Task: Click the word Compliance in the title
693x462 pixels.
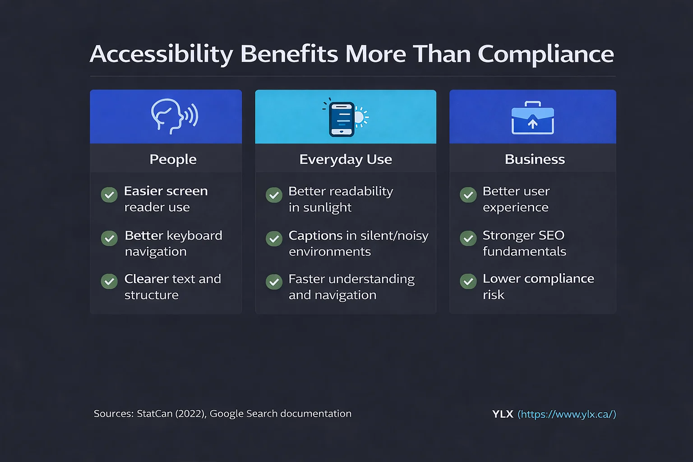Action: pos(545,54)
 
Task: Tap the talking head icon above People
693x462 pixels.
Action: pos(174,116)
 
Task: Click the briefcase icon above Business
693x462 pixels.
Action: pos(532,118)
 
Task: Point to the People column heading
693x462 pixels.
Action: pos(173,159)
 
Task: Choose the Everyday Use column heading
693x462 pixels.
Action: pos(346,159)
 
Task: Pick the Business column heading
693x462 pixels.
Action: pos(535,159)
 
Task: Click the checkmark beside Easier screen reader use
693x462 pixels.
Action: pos(109,195)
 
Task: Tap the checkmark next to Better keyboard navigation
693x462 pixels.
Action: pos(109,238)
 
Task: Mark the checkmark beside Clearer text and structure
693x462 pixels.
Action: pos(109,282)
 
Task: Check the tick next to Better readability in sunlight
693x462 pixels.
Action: pos(274,195)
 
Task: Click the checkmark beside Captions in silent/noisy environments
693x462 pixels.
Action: pos(274,238)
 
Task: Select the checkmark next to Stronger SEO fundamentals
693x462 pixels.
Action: pos(468,238)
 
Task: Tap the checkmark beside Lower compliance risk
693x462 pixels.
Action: pos(468,282)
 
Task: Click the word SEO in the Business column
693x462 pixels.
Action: pos(551,236)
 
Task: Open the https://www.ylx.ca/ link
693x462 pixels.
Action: pos(567,414)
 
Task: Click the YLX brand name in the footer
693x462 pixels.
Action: pos(503,414)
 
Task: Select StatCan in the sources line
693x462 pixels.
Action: pos(154,414)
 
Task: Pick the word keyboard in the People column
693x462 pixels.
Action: pos(194,236)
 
